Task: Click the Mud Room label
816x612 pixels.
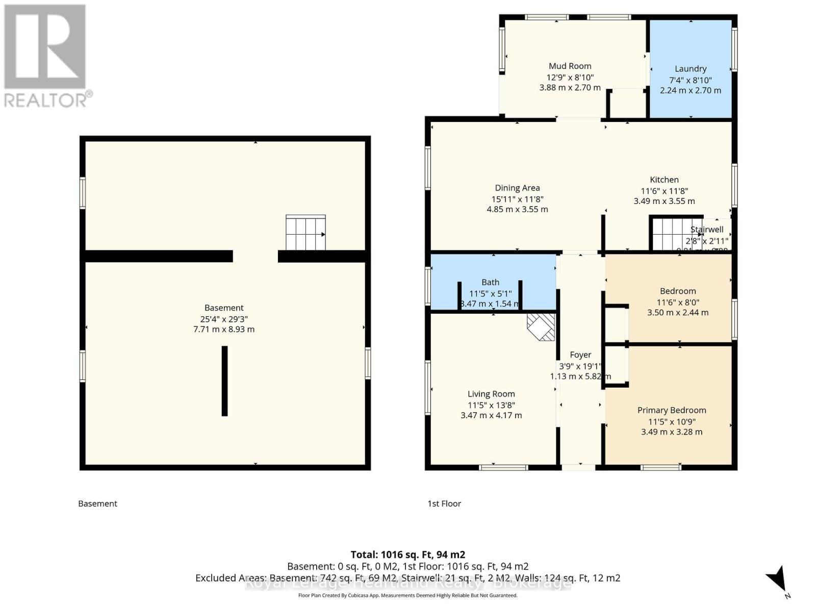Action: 570,66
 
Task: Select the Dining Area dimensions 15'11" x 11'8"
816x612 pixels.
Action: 517,199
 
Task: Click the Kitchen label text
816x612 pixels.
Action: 664,180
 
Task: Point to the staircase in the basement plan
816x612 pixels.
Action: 305,233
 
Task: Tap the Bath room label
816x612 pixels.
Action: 490,282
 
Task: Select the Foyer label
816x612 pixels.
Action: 580,354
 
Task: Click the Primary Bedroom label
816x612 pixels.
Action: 672,410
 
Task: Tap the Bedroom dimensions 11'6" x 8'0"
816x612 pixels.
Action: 678,302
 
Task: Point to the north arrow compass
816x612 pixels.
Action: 778,581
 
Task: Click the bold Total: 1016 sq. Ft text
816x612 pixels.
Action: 407,554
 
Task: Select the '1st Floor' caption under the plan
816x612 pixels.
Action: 444,503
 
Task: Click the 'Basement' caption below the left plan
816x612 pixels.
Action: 97,503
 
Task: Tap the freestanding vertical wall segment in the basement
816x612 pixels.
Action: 224,380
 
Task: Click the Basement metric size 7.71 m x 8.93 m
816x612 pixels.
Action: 224,329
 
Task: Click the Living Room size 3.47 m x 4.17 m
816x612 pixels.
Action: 491,415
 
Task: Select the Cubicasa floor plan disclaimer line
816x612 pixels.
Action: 407,595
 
